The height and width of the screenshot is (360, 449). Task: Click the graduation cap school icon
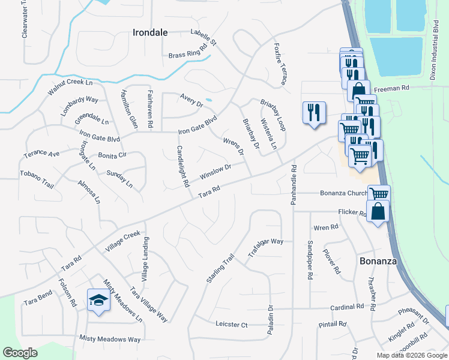tap(98, 300)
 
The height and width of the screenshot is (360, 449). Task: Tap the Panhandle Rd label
tap(294, 184)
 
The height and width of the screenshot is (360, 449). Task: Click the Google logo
tap(20, 353)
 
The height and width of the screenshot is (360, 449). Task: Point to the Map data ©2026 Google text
tap(412, 355)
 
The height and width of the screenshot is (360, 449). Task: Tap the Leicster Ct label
tap(231, 325)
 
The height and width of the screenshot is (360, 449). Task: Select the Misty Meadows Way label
tap(110, 339)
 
